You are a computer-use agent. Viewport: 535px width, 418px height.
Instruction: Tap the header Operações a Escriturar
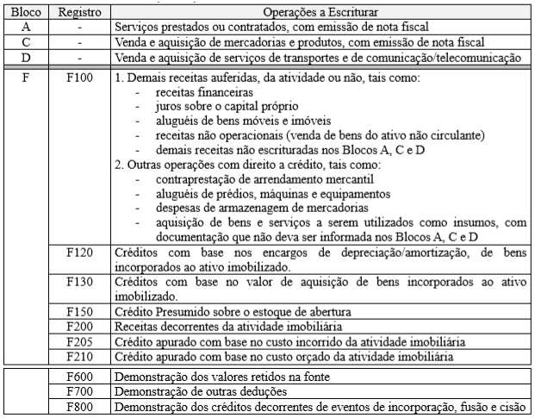pos(322,13)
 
